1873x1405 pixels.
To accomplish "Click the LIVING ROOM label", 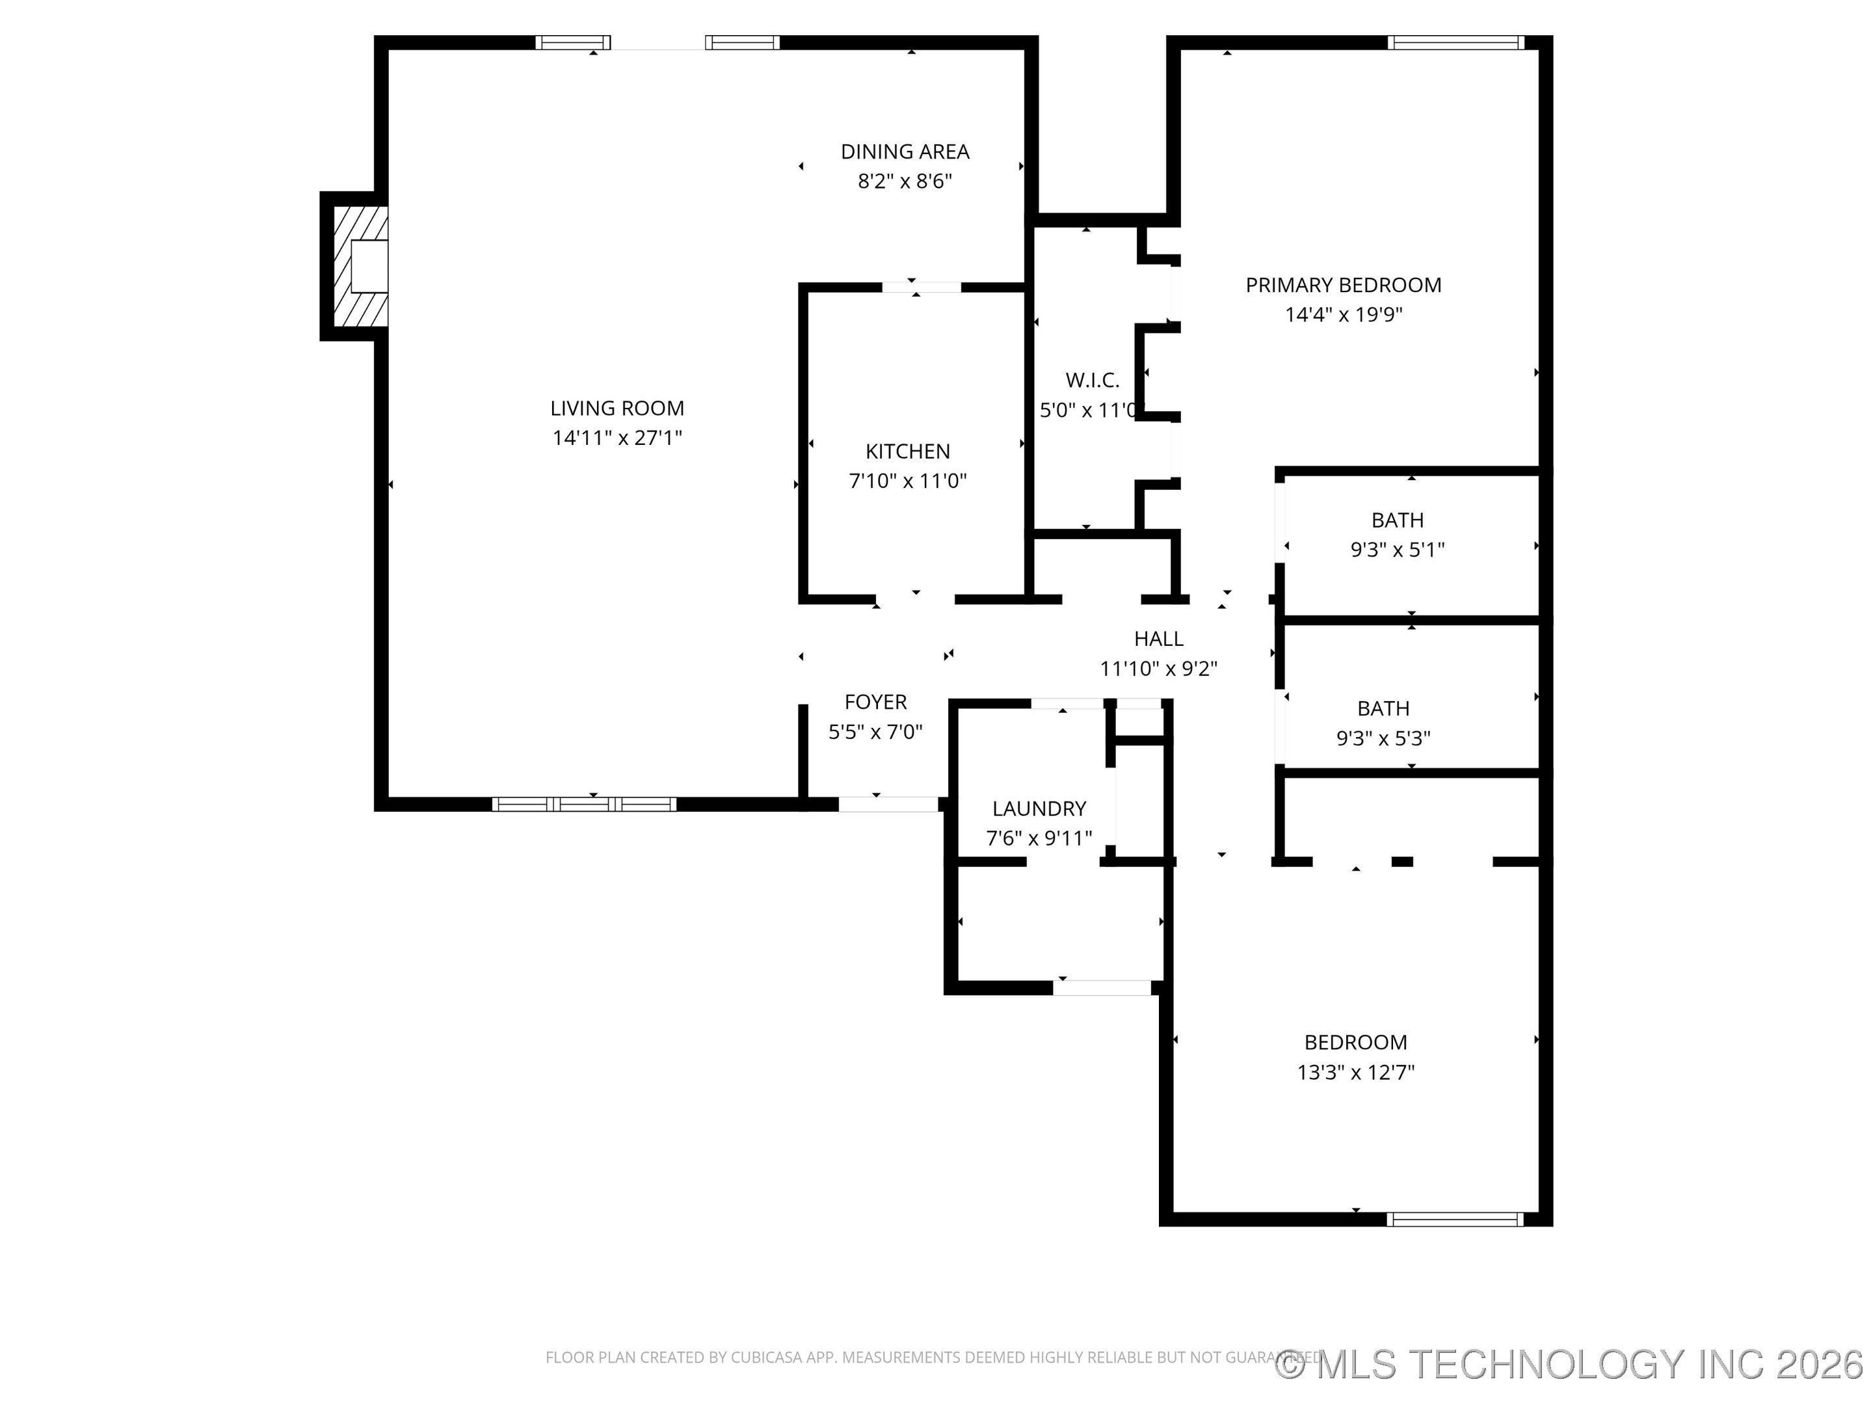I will click(617, 408).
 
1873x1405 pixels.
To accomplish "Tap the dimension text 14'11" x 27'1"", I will click(617, 438).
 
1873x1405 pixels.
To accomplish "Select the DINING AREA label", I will click(905, 152).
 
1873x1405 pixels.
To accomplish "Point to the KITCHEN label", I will click(907, 451).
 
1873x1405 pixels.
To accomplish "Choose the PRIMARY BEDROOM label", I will click(1343, 286).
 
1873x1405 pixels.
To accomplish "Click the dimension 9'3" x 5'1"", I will click(1396, 550).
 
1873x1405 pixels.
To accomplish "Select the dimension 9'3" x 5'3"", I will click(1383, 738).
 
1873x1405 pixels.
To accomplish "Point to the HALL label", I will click(1158, 639).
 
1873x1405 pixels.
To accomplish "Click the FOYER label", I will click(875, 702).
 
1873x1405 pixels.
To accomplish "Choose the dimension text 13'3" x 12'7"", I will click(1355, 1072).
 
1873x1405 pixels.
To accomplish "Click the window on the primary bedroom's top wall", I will click(1455, 42).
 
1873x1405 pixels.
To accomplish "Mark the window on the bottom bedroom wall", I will click(1455, 1220).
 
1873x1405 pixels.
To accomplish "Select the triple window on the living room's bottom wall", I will click(583, 805).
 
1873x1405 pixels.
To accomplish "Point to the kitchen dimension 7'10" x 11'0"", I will click(907, 481).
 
